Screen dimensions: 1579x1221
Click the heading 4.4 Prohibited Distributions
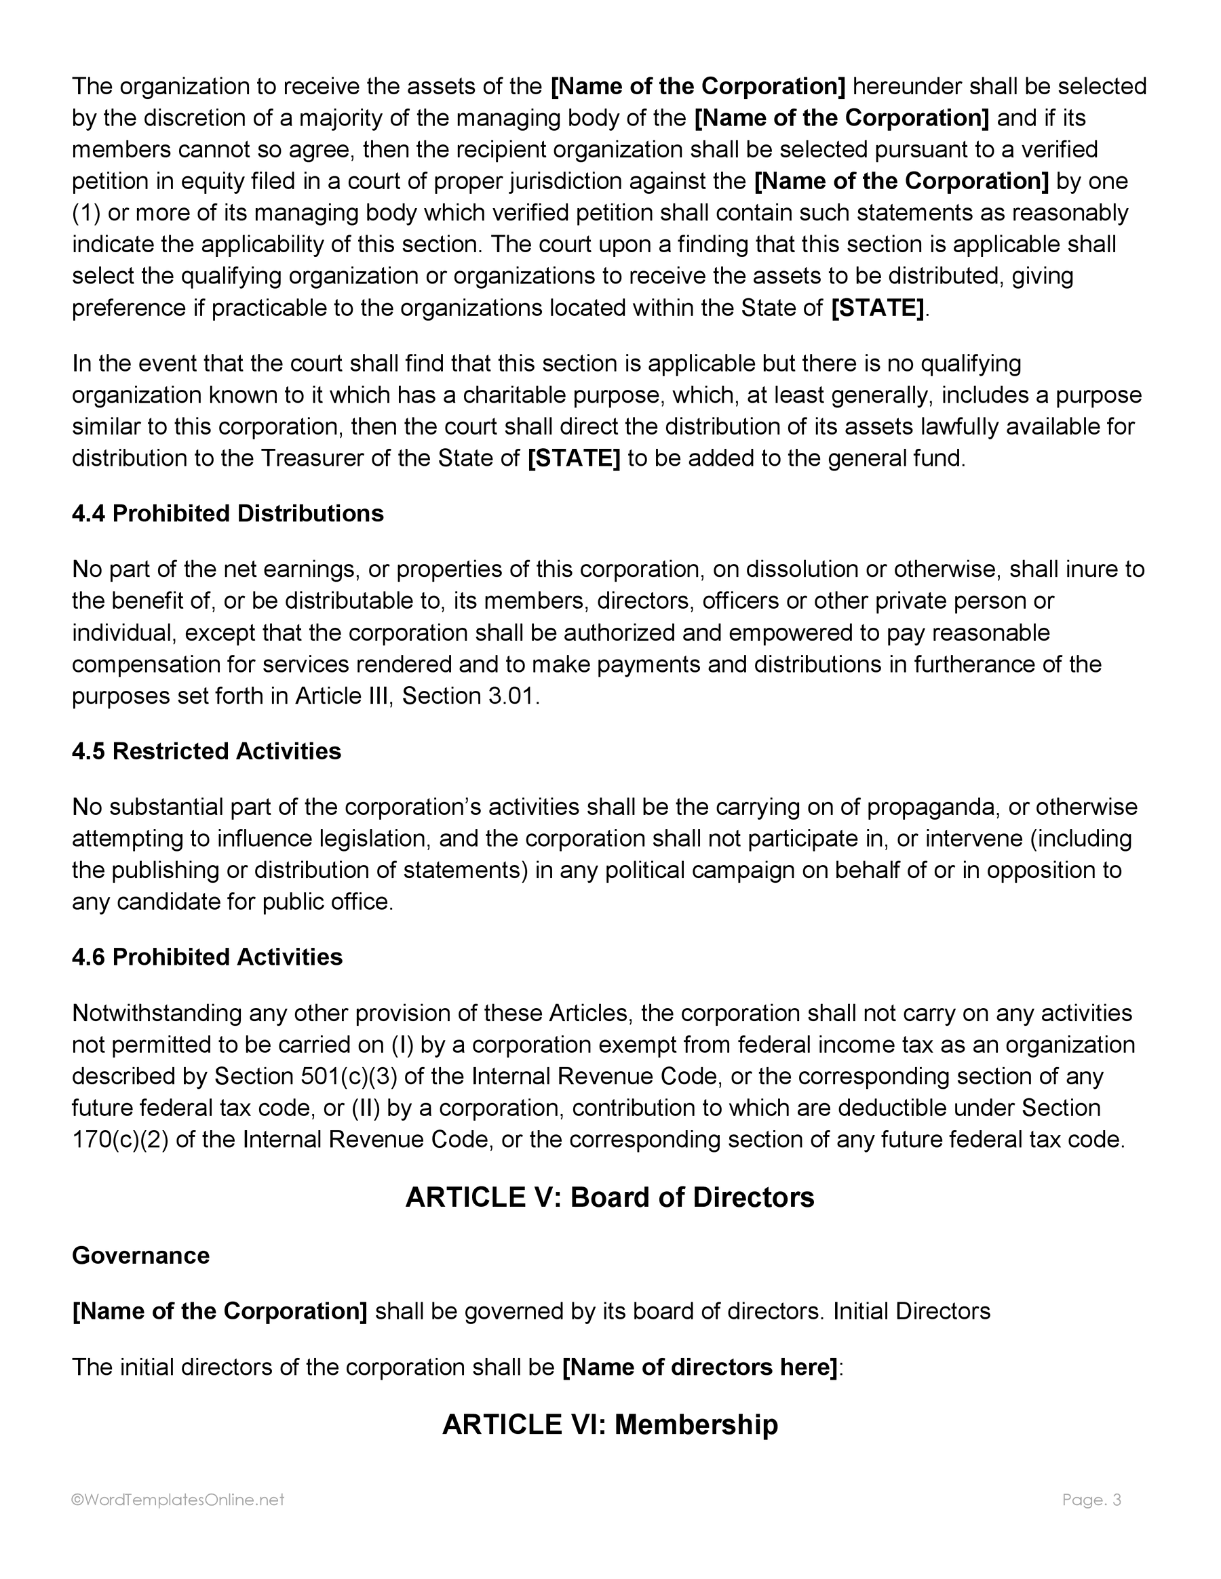click(227, 513)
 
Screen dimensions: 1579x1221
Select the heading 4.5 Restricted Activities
click(206, 751)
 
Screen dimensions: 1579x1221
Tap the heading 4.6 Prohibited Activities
click(207, 957)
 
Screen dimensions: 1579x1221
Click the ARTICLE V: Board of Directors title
click(610, 1197)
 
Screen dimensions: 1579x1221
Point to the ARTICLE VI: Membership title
click(610, 1424)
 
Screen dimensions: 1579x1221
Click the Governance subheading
click(140, 1255)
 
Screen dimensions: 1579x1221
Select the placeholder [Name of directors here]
click(699, 1367)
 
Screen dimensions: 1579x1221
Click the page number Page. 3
click(1091, 1500)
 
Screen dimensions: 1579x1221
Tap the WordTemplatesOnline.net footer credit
click(178, 1500)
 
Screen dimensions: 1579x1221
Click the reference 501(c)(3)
click(348, 1076)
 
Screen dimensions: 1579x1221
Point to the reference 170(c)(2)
click(120, 1140)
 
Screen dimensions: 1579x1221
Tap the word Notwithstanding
click(156, 1013)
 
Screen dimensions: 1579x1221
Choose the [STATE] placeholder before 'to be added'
click(575, 458)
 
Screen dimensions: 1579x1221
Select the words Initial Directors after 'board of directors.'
click(912, 1311)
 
